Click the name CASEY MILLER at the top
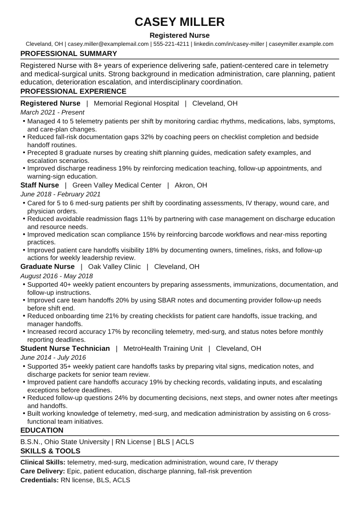pyautogui.click(x=180, y=22)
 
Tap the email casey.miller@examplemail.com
pyautogui.click(x=108, y=44)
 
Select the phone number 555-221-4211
pyautogui.click(x=171, y=44)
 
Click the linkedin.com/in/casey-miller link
pyautogui.click(x=229, y=44)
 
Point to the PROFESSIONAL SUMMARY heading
pyautogui.click(x=69, y=54)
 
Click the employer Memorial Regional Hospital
pyautogui.click(x=136, y=103)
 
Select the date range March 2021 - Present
pyautogui.click(x=52, y=112)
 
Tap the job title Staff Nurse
pyautogui.click(x=39, y=185)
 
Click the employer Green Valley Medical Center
pyautogui.click(x=117, y=185)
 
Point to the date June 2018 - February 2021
pyautogui.click(x=60, y=194)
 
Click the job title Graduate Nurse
pyautogui.click(x=47, y=267)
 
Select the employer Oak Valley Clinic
pyautogui.click(x=114, y=267)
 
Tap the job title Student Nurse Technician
pyautogui.click(x=65, y=349)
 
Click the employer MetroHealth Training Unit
pyautogui.click(x=163, y=349)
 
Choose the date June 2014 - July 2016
pyautogui.click(x=53, y=358)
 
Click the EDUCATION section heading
pyautogui.click(x=42, y=431)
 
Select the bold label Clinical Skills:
pyautogui.click(x=43, y=462)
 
